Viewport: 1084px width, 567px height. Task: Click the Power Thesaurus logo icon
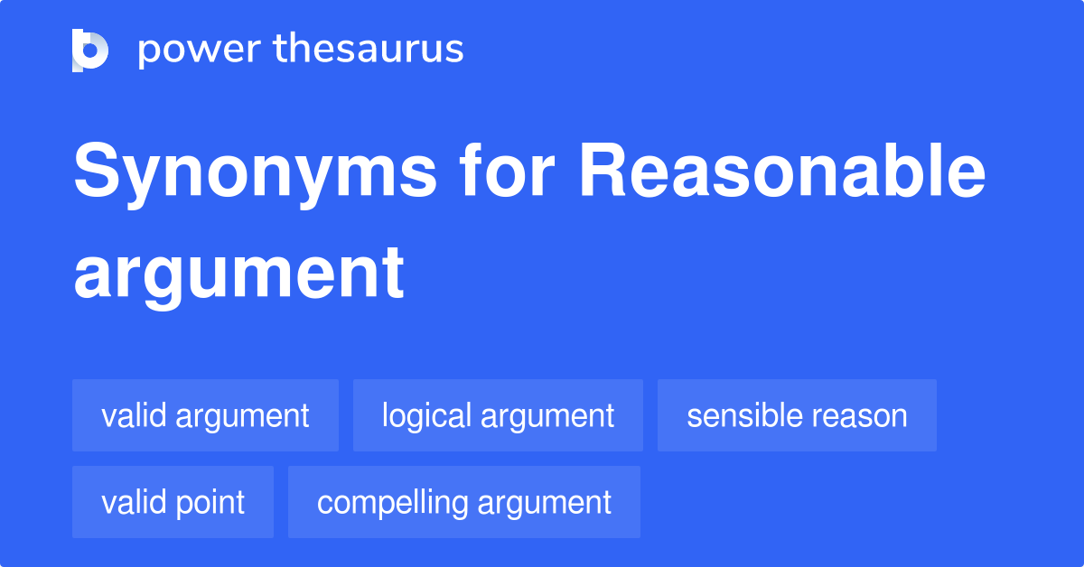(x=90, y=50)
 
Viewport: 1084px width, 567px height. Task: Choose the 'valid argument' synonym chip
(x=205, y=415)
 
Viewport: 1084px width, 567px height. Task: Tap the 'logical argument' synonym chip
(x=498, y=415)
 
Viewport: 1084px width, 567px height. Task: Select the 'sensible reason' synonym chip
(x=797, y=415)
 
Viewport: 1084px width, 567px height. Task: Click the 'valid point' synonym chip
(x=173, y=502)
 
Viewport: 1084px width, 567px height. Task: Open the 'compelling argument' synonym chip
(x=464, y=502)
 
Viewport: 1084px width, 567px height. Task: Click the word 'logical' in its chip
(x=427, y=415)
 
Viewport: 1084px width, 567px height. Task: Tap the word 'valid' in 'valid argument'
(x=134, y=415)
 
